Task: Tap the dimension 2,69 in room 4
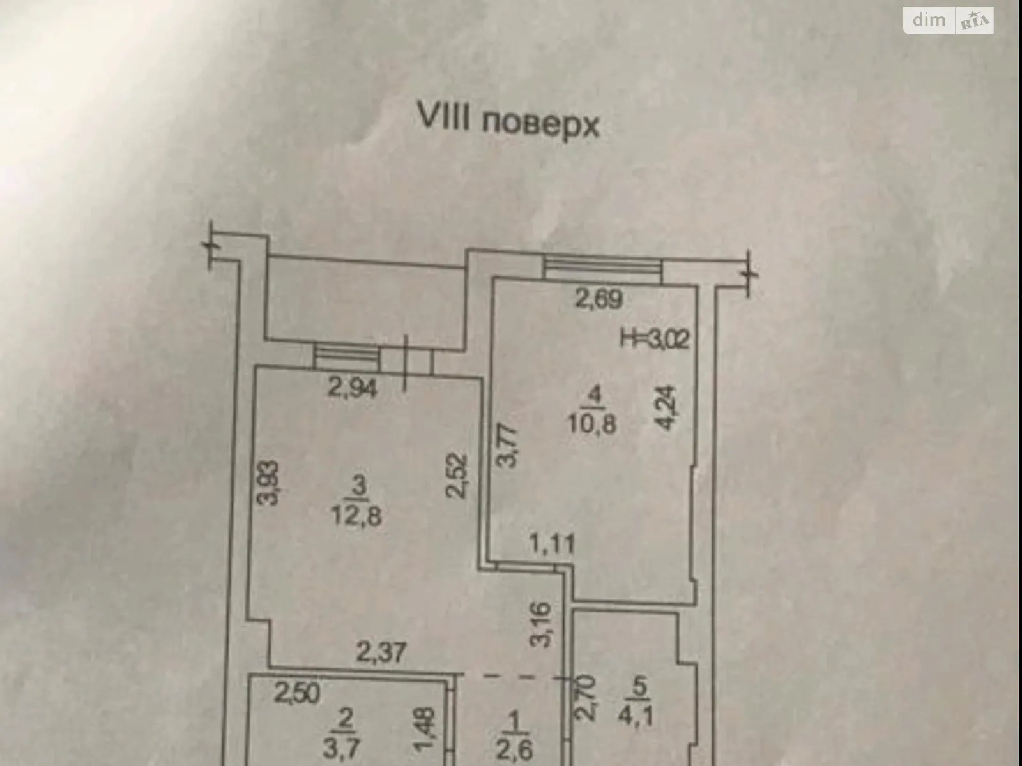click(x=598, y=299)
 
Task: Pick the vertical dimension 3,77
click(x=506, y=447)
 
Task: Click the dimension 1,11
click(x=551, y=544)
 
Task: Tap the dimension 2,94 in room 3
click(x=353, y=387)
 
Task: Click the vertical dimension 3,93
click(x=271, y=483)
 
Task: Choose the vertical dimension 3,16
click(x=540, y=625)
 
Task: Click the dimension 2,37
click(x=381, y=652)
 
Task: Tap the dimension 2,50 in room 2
click(x=298, y=693)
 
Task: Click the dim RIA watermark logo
click(x=949, y=21)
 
